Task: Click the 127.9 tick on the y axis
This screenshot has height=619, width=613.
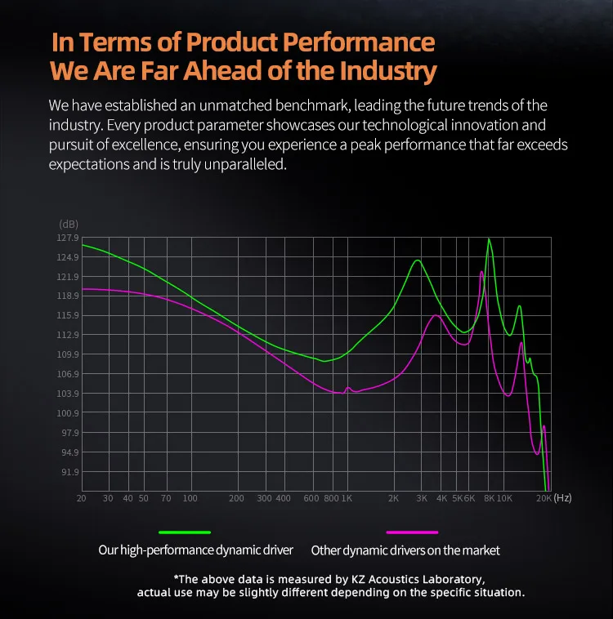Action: coord(68,238)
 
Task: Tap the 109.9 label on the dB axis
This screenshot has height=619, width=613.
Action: coord(68,354)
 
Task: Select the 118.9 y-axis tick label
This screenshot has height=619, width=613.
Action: coord(68,296)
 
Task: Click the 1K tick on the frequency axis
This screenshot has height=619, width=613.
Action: coord(346,498)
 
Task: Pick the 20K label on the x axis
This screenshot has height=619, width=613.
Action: coord(544,498)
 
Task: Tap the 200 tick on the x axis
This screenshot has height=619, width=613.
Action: coord(236,498)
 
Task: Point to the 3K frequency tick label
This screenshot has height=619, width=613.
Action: coord(422,498)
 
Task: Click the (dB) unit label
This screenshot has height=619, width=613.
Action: coord(68,224)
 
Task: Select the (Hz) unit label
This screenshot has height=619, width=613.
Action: coord(562,497)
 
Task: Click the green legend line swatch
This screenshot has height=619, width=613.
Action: coord(185,532)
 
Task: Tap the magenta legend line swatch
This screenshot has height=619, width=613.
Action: coord(412,532)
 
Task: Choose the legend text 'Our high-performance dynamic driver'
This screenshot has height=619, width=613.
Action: coord(195,550)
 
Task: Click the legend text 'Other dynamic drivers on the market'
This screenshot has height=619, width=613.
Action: coord(405,550)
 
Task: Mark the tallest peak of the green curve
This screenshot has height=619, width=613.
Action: coord(489,239)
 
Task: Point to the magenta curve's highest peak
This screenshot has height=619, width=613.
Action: coord(482,272)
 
